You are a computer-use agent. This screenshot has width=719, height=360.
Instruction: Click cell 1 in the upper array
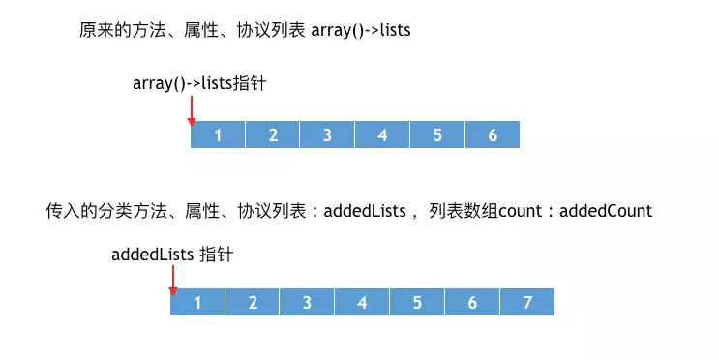click(x=218, y=135)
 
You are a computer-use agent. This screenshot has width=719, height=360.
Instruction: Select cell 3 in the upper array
click(x=327, y=135)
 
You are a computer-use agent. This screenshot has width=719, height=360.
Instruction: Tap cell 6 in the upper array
click(x=493, y=135)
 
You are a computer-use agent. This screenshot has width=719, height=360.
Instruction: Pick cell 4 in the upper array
click(x=382, y=135)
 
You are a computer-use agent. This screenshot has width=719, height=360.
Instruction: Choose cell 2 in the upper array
click(x=273, y=135)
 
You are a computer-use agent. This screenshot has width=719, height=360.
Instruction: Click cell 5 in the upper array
click(x=437, y=135)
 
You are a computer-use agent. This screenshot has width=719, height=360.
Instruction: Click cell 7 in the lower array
click(x=527, y=302)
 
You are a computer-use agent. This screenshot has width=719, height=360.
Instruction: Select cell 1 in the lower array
click(x=197, y=302)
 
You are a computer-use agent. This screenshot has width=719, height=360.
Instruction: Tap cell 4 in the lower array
click(x=362, y=302)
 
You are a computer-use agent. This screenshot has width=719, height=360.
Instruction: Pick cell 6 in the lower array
click(x=472, y=302)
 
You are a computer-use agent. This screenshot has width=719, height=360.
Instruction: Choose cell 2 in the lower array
click(x=253, y=302)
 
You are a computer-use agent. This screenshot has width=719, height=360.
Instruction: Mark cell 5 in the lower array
click(x=417, y=302)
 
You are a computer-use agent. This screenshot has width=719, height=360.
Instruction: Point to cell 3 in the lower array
click(x=307, y=302)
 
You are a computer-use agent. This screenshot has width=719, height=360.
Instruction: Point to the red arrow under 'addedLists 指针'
click(x=172, y=279)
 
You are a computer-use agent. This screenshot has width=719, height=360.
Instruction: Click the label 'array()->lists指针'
click(x=199, y=83)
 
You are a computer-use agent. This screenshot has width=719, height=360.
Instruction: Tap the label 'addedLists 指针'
click(x=172, y=255)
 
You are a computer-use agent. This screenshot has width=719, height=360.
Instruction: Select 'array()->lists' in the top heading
click(x=361, y=30)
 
